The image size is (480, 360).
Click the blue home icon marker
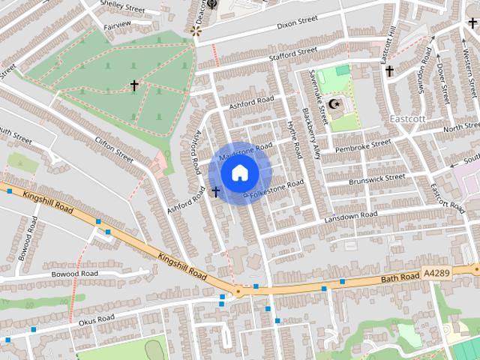coord(239,173)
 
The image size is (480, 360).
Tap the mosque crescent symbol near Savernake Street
coord(335,103)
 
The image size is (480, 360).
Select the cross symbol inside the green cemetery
coord(135,85)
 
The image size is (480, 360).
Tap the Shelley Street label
coord(122,6)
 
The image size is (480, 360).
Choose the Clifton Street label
coord(114,149)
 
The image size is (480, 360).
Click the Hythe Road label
coord(293,139)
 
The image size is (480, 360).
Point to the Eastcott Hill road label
coord(388,46)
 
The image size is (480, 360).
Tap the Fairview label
coord(116,25)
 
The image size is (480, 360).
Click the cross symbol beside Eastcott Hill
coord(389,71)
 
